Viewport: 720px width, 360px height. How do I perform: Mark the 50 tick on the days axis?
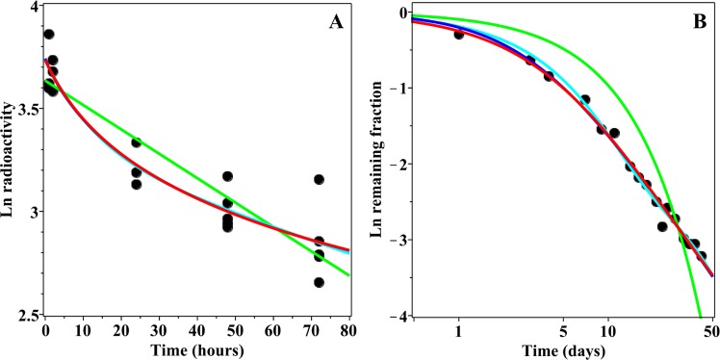[x=711, y=330]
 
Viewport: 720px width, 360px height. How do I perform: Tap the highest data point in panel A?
[x=49, y=35]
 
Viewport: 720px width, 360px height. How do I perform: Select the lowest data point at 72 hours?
[x=319, y=282]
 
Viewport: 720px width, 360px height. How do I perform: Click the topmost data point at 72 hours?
[x=319, y=179]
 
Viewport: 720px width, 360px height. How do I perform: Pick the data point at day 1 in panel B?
[x=459, y=35]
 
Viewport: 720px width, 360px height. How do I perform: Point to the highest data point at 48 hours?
[x=228, y=176]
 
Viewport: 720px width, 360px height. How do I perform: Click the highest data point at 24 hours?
[x=137, y=142]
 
